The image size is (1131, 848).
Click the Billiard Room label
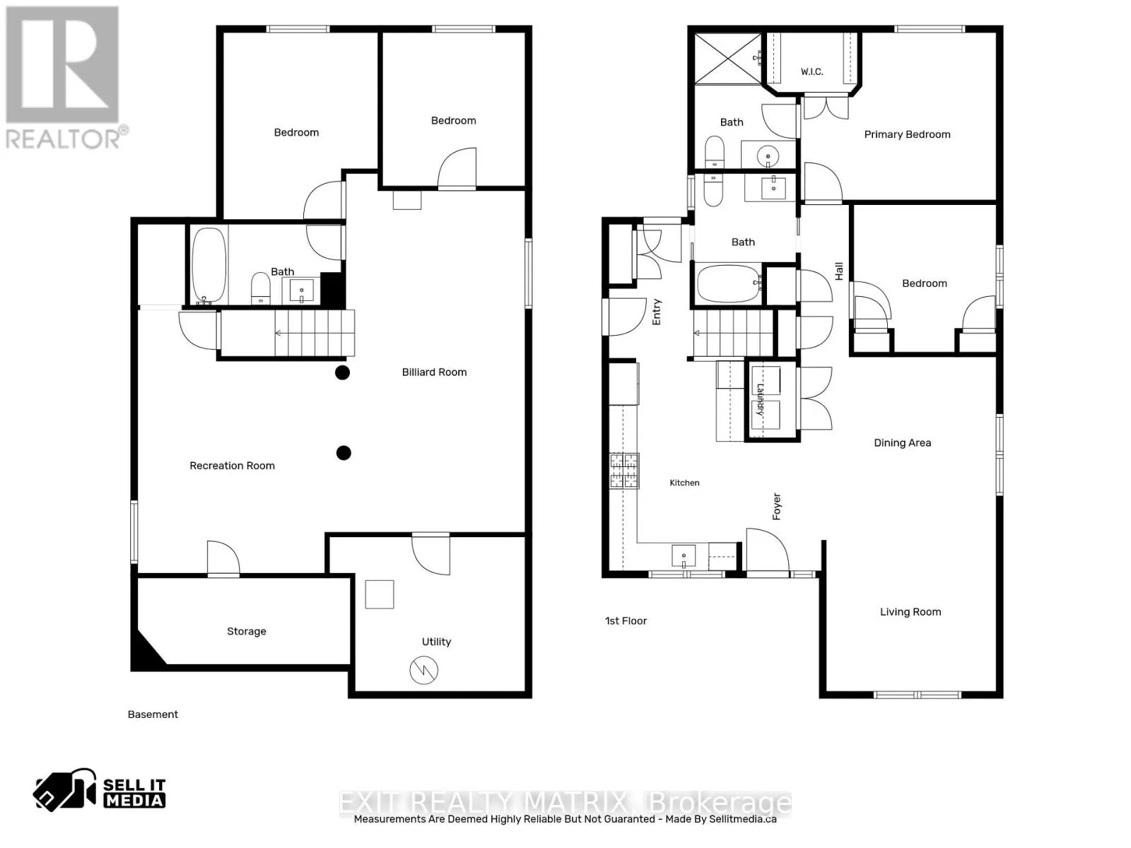434,372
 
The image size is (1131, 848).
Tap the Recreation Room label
232,466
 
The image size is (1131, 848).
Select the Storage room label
246,631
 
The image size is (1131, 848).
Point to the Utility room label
436,642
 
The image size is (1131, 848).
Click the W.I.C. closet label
811,71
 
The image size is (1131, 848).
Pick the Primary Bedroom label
907,134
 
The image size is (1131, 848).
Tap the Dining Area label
902,443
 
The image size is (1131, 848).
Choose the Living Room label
910,612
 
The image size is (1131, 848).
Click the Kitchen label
684,483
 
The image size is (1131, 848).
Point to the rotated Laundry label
759,399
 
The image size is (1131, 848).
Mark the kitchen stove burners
624,471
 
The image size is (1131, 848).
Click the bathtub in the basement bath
209,265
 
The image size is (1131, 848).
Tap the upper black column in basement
343,372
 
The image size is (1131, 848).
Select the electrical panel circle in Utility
423,670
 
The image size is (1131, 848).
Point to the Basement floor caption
153,714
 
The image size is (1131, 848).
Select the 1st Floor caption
626,621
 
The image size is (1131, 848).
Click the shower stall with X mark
727,58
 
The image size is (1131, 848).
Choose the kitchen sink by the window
684,556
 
